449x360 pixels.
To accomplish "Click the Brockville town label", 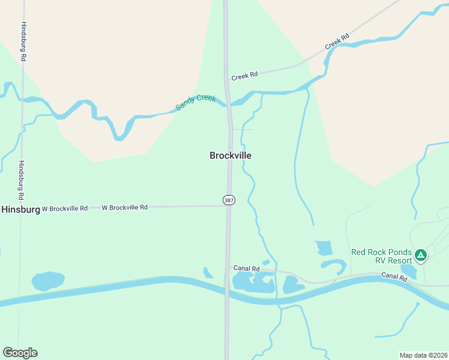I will (x=231, y=155).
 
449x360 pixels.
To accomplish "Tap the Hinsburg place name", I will (x=20, y=209).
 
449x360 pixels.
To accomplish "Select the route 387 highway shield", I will (x=229, y=200).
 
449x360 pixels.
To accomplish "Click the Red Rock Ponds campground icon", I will (x=421, y=256).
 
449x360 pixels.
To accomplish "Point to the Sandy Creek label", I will (x=195, y=102).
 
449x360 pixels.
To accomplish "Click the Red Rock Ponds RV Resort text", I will (x=382, y=256).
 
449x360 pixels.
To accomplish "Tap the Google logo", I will (x=20, y=353).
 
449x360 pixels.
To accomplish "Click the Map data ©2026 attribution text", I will (x=423, y=355).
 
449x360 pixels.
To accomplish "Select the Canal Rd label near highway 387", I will (x=246, y=268).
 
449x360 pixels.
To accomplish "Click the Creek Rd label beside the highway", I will (x=244, y=76).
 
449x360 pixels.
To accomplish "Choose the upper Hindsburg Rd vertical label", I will (x=23, y=41).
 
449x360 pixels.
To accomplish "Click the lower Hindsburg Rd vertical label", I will (x=22, y=180).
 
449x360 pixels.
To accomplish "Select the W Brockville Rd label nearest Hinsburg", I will (x=65, y=208).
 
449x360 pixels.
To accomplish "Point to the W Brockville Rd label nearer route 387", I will (x=124, y=208).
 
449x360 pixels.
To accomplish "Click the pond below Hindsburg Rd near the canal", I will (x=47, y=281).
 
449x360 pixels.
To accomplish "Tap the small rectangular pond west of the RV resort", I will (x=324, y=247).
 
